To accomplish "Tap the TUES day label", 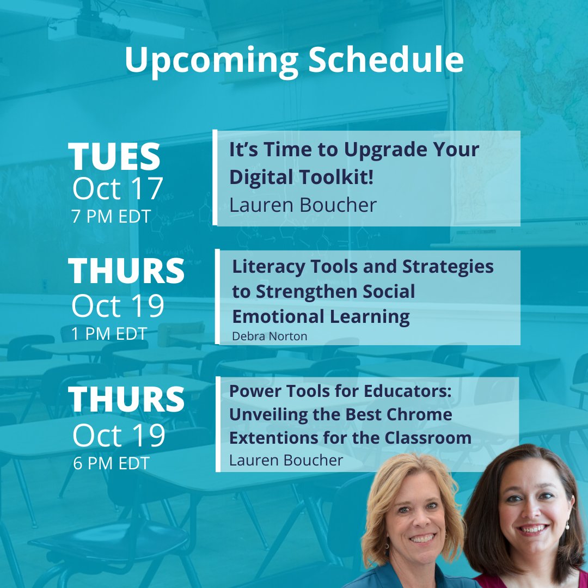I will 114,157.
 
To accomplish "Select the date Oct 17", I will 117,189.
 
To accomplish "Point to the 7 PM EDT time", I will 112,216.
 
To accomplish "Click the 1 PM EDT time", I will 109,333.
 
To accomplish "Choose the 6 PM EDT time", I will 111,463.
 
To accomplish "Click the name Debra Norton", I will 269,336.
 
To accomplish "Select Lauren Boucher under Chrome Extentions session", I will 286,461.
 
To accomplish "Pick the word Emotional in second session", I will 277,316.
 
